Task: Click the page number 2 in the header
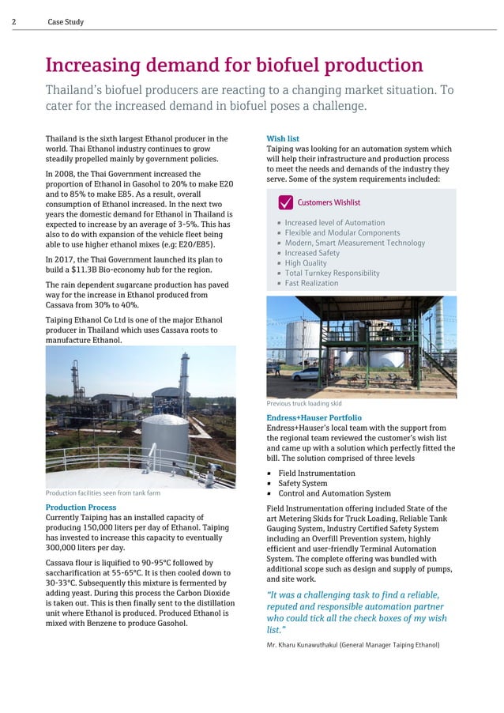pyautogui.click(x=14, y=22)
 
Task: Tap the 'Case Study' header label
pyautogui.click(x=66, y=22)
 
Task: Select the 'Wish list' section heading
pyautogui.click(x=283, y=139)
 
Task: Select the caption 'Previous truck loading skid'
pyautogui.click(x=303, y=403)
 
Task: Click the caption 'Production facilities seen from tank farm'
pyautogui.click(x=103, y=493)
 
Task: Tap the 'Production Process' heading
pyautogui.click(x=81, y=507)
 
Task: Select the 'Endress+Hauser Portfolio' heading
pyautogui.click(x=314, y=417)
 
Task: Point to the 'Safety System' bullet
pyautogui.click(x=303, y=484)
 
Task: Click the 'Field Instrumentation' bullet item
pyautogui.click(x=316, y=473)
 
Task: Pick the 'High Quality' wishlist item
pyautogui.click(x=306, y=263)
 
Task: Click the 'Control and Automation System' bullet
pyautogui.click(x=334, y=494)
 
